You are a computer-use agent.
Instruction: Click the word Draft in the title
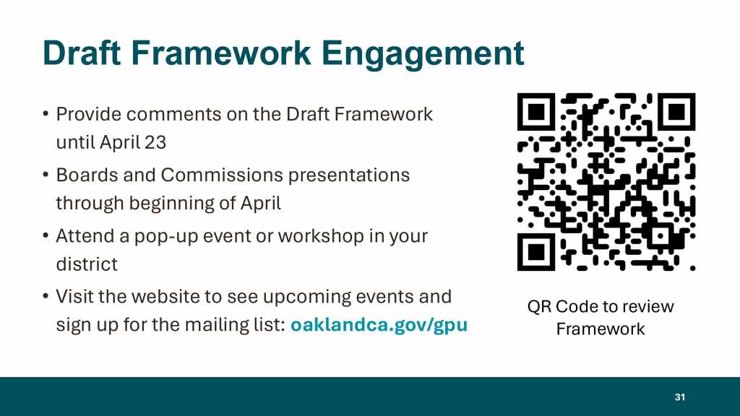tap(82, 53)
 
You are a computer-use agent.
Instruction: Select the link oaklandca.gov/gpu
tap(379, 325)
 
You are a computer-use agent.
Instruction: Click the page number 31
tap(679, 397)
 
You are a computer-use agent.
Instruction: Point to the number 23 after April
tap(155, 142)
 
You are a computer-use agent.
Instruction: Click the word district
tap(87, 264)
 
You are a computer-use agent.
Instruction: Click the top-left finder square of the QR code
tap(537, 112)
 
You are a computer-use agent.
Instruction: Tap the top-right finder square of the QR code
tap(676, 112)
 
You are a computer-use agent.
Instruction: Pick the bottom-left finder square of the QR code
tap(537, 252)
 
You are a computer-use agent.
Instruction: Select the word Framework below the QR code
tap(601, 329)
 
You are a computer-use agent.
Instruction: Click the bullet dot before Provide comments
tap(46, 113)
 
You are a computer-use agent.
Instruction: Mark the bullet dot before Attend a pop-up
tap(46, 235)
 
